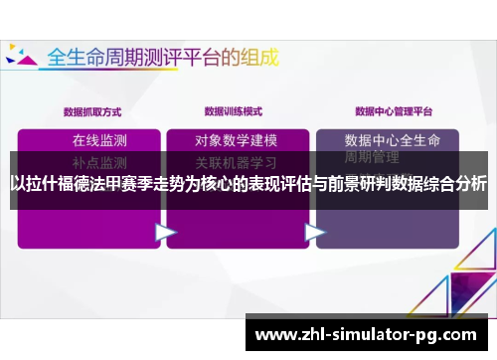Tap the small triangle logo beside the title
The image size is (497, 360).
point(22,56)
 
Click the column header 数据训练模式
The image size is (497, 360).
point(234,111)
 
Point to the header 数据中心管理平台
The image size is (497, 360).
point(394,111)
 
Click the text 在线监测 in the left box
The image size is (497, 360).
point(99,139)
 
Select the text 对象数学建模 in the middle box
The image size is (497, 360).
point(236,139)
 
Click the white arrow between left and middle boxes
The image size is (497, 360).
point(165,232)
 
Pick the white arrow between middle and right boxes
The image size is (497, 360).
point(315,232)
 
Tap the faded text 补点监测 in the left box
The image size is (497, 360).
point(99,160)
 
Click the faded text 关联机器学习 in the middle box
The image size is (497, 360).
point(236,160)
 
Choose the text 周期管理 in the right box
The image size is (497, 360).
point(372,157)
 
